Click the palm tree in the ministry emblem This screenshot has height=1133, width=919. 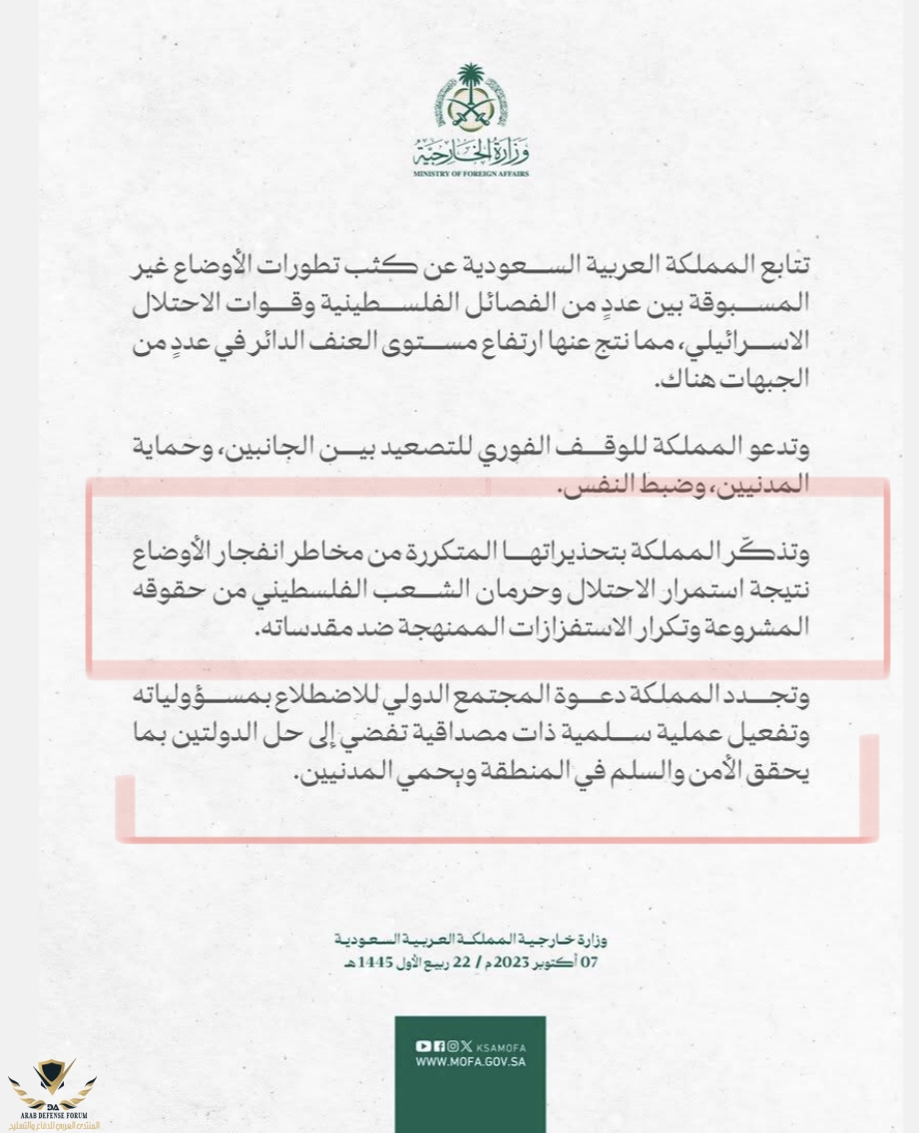[x=470, y=84]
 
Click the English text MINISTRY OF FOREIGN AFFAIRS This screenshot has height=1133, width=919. [x=470, y=175]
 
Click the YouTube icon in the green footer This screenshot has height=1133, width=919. [x=423, y=1046]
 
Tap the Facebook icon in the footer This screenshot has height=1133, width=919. [x=439, y=1046]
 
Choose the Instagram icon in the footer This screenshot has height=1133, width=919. [x=454, y=1046]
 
